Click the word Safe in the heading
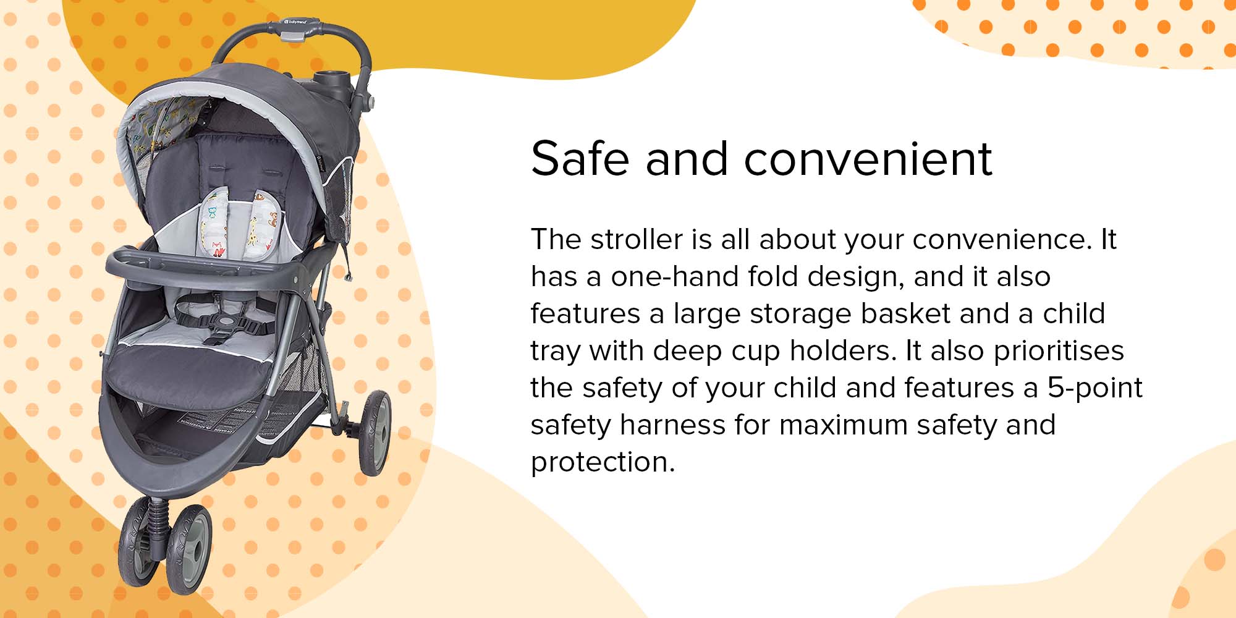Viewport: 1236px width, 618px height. coord(580,158)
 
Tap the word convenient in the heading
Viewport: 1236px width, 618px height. coord(868,158)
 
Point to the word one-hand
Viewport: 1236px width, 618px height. coord(674,276)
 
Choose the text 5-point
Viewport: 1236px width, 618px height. coord(1094,388)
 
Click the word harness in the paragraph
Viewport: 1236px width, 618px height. coord(672,425)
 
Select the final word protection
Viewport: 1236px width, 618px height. coord(603,462)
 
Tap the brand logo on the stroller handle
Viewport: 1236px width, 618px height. coord(295,22)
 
